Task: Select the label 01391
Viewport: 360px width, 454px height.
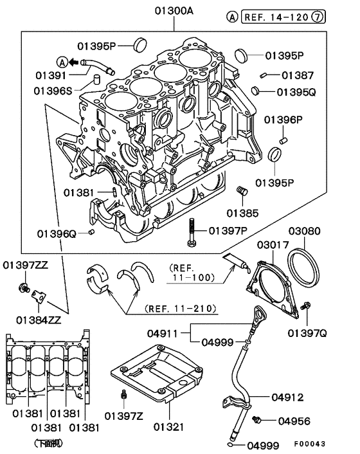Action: [44, 76]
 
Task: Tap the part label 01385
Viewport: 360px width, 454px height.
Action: [242, 212]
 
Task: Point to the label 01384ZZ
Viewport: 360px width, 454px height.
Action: [39, 319]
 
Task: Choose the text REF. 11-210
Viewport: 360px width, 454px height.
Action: [173, 307]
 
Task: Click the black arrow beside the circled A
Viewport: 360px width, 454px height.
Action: [73, 62]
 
